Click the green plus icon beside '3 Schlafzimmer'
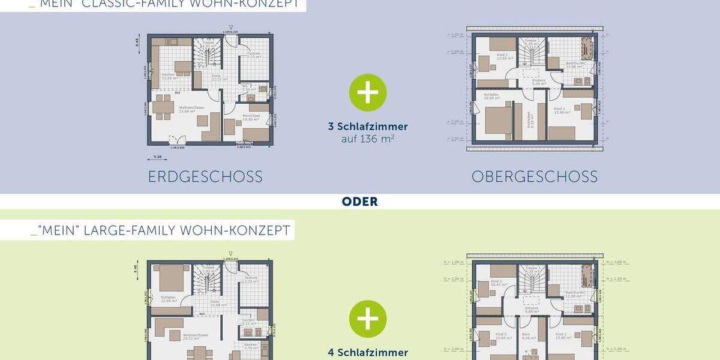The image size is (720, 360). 368,92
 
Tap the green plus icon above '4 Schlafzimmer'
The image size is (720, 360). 368,319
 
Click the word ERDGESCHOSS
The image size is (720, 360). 206,177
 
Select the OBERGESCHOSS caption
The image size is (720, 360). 535,177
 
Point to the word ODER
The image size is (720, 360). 360,202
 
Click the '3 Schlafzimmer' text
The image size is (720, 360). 368,127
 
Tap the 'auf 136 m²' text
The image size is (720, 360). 368,140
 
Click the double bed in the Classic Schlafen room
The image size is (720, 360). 498,119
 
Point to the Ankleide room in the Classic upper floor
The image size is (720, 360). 530,117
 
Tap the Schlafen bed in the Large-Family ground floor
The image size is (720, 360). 171,277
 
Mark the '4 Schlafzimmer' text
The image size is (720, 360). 368,353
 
